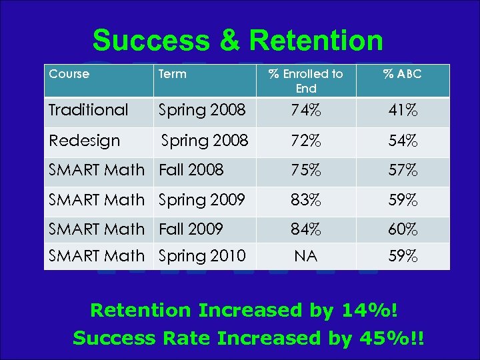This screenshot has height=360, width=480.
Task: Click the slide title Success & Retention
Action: (x=238, y=41)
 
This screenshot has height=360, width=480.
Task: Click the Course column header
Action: (x=69, y=74)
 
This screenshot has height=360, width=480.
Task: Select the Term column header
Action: (x=173, y=74)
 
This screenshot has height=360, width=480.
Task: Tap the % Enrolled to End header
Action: (x=305, y=81)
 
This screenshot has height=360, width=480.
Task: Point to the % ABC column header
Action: (x=402, y=74)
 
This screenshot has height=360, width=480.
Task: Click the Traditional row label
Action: (x=88, y=110)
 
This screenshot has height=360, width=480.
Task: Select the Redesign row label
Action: (x=84, y=141)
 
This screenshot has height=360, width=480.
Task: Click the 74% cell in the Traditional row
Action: (x=305, y=111)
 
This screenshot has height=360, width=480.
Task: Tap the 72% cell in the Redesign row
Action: (x=305, y=141)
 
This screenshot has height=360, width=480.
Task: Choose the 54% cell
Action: (x=403, y=141)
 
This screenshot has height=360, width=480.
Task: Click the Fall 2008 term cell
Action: (x=191, y=170)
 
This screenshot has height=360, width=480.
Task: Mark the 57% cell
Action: (x=403, y=171)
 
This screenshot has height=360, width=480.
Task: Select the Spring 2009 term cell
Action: (x=202, y=199)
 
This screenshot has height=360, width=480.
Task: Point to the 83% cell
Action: (x=305, y=200)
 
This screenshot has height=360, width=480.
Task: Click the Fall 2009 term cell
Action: (x=191, y=229)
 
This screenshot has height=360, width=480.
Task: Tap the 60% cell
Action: (x=403, y=229)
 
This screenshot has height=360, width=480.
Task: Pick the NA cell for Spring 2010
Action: (x=305, y=256)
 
